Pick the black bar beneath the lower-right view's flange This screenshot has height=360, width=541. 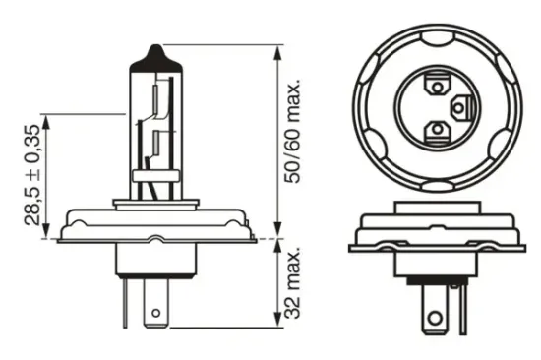[x=436, y=246]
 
